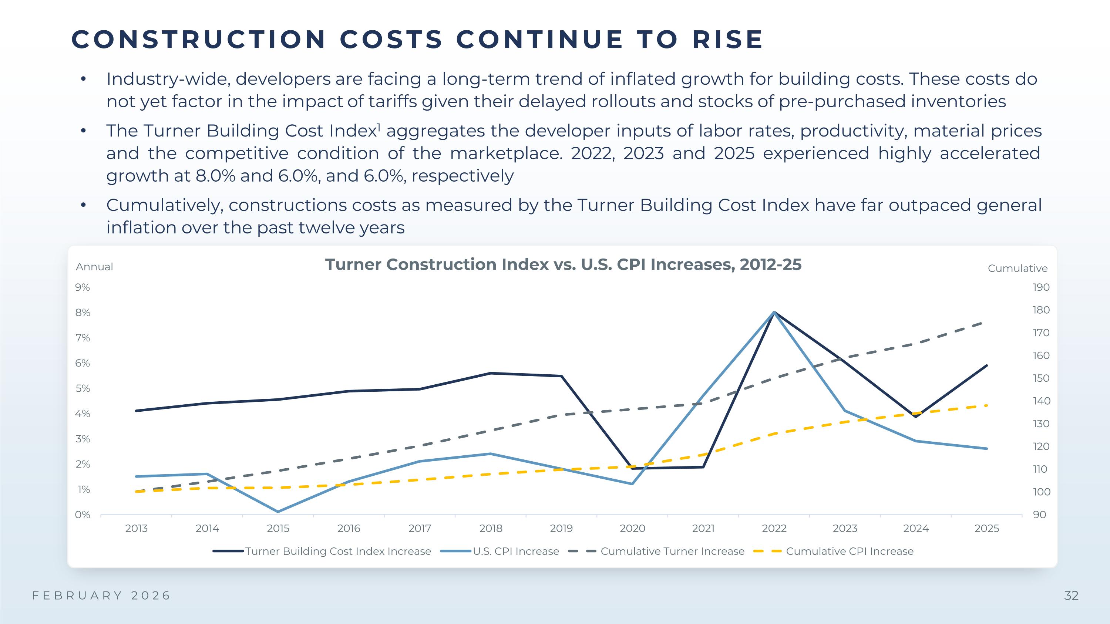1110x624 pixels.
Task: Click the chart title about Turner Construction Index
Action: [x=563, y=264]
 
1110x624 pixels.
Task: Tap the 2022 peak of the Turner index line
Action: [x=774, y=312]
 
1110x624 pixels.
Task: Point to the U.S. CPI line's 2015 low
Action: [x=278, y=512]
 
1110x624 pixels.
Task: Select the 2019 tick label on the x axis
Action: [x=561, y=529]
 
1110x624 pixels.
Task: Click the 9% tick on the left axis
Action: [x=82, y=287]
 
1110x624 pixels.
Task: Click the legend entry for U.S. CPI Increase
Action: [x=515, y=551]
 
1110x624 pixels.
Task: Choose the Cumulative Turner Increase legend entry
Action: [x=672, y=551]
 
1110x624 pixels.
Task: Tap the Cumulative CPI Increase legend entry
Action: [x=849, y=551]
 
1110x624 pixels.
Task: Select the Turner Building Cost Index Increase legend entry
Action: [x=338, y=551]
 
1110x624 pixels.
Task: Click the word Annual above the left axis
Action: [x=94, y=267]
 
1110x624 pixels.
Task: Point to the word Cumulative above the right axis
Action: [x=1017, y=269]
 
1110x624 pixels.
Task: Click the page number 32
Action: [x=1071, y=596]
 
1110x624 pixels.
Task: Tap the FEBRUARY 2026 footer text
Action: [x=102, y=596]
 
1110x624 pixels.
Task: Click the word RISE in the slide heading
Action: [x=728, y=40]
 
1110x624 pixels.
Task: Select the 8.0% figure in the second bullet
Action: [x=215, y=176]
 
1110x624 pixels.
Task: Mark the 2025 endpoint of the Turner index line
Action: [x=987, y=365]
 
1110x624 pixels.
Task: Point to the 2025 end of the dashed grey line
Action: [x=982, y=323]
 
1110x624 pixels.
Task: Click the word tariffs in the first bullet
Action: [x=393, y=102]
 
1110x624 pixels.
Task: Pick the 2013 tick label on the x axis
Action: [x=136, y=529]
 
